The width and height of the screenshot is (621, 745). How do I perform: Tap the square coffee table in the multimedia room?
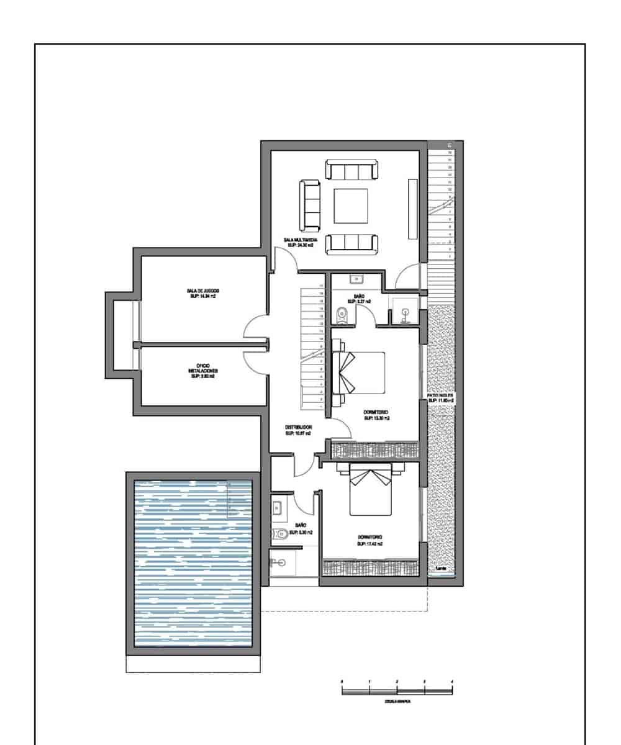(x=351, y=205)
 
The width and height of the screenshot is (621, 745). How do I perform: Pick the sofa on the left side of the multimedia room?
(x=309, y=204)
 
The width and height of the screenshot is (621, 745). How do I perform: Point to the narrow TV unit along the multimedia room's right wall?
(x=412, y=209)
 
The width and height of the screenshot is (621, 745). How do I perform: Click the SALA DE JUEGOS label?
(x=202, y=294)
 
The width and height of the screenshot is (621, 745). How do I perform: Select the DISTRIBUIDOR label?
(x=297, y=430)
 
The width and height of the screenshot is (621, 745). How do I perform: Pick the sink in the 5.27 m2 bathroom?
(x=358, y=280)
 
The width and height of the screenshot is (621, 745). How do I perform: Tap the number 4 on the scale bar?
(x=452, y=682)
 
